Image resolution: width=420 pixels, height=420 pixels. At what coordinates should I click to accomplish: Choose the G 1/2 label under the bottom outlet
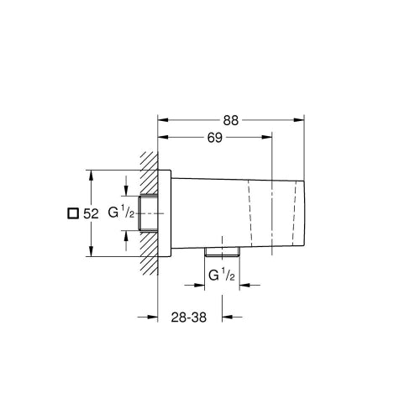221,274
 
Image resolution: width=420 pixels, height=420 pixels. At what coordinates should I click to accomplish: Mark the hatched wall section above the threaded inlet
149,172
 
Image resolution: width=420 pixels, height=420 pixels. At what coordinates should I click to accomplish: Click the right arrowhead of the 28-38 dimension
226,317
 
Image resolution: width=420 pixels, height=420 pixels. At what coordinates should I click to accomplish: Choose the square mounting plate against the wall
166,213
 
